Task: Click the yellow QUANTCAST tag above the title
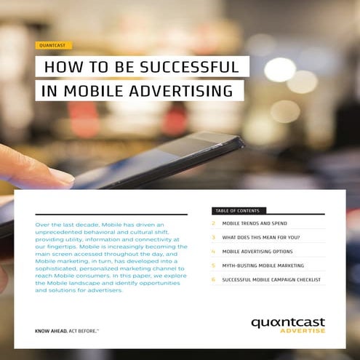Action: tap(53, 45)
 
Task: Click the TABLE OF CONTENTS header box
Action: tap(236, 211)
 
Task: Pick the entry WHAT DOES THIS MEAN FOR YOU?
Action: tap(260, 238)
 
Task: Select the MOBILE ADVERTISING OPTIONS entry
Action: tap(257, 252)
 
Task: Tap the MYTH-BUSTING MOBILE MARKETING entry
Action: tap(263, 265)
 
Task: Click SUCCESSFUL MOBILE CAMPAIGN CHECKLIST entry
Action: tap(271, 279)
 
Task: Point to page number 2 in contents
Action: tap(213, 224)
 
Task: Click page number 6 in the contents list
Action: tap(213, 279)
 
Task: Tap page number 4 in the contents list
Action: tap(213, 252)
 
